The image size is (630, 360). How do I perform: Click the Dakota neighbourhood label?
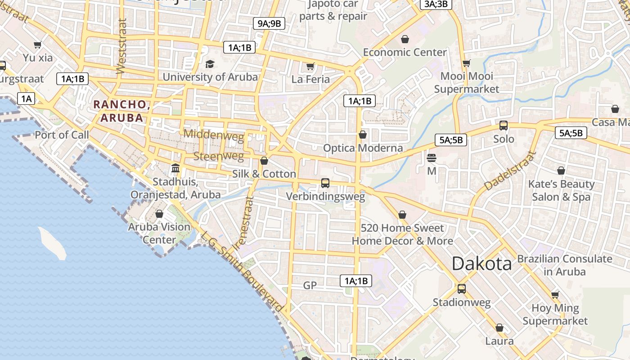481,264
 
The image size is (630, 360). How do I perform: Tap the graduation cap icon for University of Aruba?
210,64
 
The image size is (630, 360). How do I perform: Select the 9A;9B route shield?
269,23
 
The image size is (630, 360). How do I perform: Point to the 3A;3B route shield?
436,4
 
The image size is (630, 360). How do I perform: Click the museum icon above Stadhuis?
175,168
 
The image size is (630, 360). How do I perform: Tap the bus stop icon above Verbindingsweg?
325,183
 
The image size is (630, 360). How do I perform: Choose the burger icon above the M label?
432,158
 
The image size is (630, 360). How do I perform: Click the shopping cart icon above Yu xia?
38,45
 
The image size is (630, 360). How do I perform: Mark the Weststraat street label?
121,46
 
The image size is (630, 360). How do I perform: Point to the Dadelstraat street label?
510,171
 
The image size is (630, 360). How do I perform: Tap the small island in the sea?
53,243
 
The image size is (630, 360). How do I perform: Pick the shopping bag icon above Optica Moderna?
363,135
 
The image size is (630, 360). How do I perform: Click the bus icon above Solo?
504,126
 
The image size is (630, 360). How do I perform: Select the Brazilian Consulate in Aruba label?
564,265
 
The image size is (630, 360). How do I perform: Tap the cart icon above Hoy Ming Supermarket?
555,295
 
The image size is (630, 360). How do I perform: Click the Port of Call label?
62,135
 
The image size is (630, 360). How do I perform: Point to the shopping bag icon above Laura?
499,328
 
